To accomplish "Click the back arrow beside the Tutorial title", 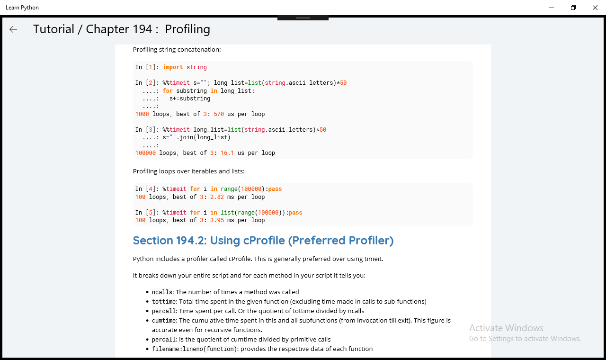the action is pyautogui.click(x=13, y=29).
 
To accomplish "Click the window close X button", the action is pyautogui.click(x=595, y=8).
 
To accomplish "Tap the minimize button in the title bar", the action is pyautogui.click(x=552, y=8).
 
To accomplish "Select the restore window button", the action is pyautogui.click(x=573, y=8).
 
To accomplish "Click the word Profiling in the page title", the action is pyautogui.click(x=187, y=29).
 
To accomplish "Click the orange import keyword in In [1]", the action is pyautogui.click(x=173, y=67).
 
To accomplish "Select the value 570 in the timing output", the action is pyautogui.click(x=219, y=114).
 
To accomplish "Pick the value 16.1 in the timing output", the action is pyautogui.click(x=227, y=153).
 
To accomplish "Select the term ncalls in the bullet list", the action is pyautogui.click(x=162, y=292).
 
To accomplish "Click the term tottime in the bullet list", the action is pyautogui.click(x=164, y=302).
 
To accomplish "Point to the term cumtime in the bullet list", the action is pyautogui.click(x=164, y=321).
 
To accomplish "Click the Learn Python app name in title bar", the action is pyautogui.click(x=22, y=8).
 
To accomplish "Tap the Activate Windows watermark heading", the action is pyautogui.click(x=506, y=328).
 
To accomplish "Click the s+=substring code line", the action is pyautogui.click(x=190, y=99).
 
